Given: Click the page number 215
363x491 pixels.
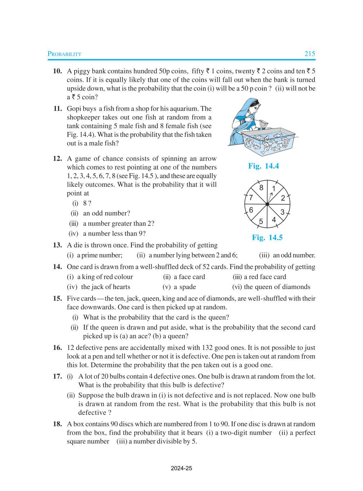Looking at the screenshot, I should [x=309, y=54].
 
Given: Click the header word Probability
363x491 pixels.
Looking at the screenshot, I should [x=64, y=54].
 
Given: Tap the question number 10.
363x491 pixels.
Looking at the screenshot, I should [x=57, y=71].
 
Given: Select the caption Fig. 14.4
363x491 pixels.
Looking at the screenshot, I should [x=263, y=166].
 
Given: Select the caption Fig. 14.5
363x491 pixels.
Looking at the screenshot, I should [x=267, y=237].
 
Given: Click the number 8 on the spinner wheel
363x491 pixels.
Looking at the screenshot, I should [x=261, y=188].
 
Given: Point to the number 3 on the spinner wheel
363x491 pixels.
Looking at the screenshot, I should [x=282, y=212].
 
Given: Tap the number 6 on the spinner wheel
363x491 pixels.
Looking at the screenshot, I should [x=251, y=210].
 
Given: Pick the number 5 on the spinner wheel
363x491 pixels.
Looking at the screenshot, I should [x=261, y=222].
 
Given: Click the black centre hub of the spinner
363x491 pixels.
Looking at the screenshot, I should [x=267, y=205].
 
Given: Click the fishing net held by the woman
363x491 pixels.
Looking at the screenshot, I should [x=264, y=124].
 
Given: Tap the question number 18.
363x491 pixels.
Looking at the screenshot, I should [x=57, y=424].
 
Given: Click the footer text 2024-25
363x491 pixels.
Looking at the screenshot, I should [x=181, y=468].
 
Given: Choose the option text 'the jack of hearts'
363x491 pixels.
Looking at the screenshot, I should [x=106, y=287].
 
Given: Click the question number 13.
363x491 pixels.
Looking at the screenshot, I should [x=57, y=245].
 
